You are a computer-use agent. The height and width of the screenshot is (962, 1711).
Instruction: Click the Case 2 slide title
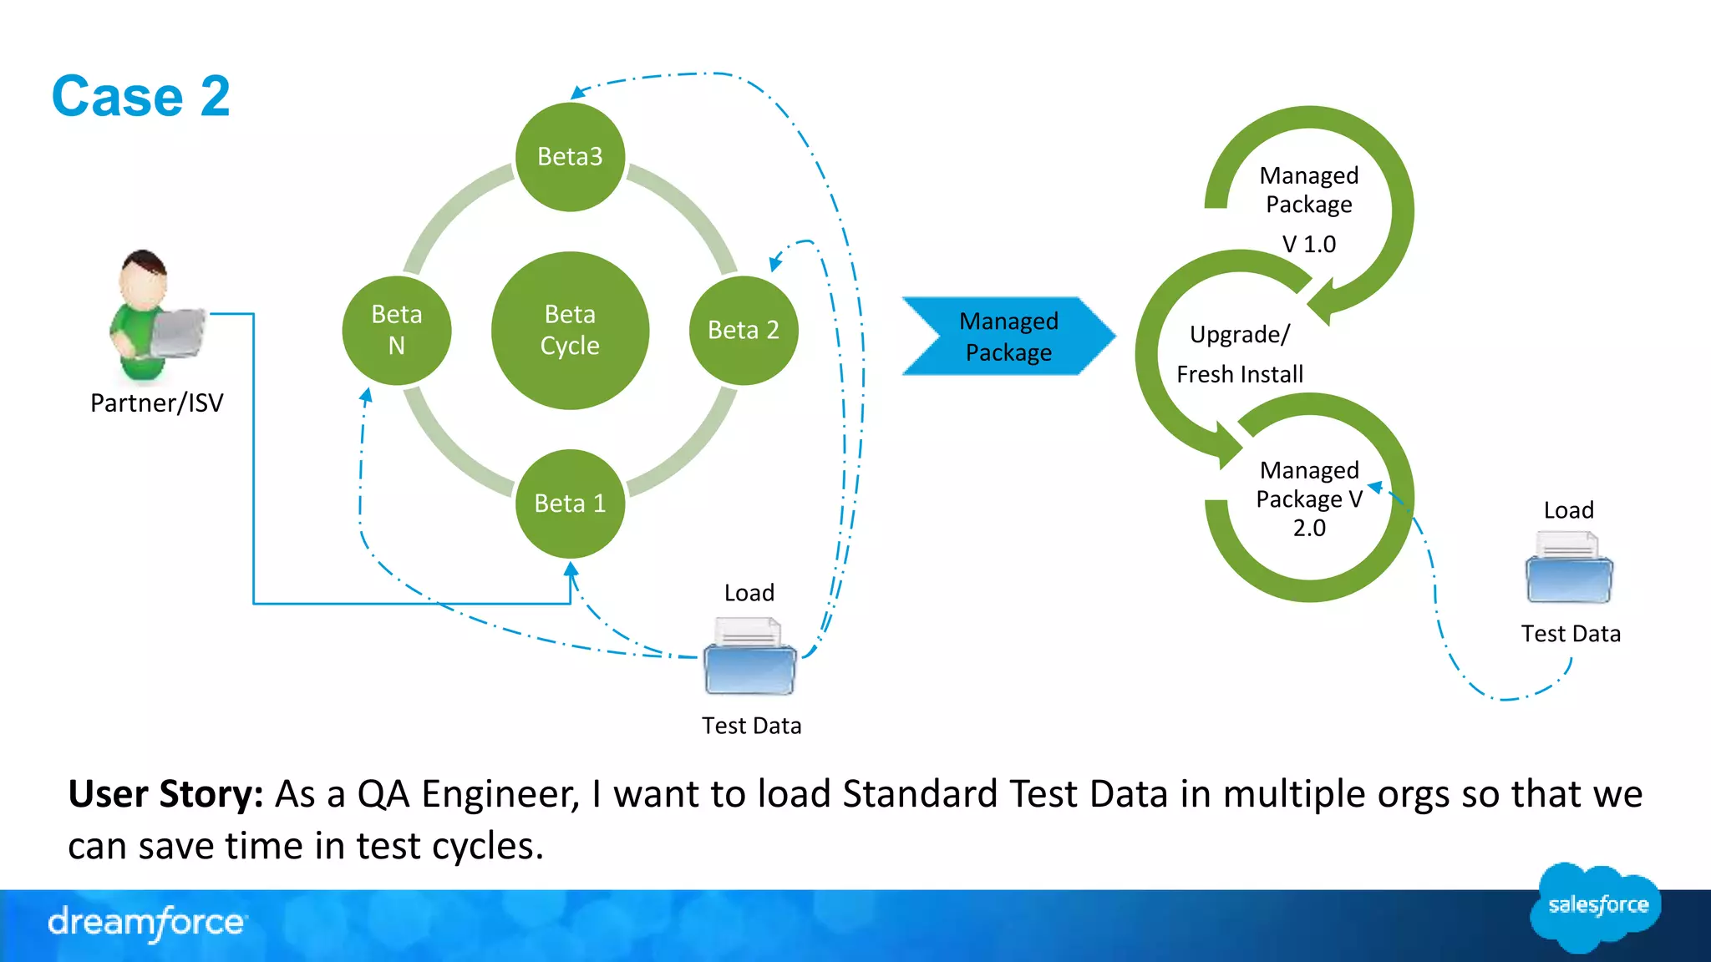140,96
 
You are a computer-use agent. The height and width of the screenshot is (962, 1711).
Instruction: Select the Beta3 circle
570,156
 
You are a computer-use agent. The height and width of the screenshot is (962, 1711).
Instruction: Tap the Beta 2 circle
743,330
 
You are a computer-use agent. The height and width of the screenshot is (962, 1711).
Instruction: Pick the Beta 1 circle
570,503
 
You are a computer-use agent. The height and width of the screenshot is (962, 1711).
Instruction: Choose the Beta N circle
397,330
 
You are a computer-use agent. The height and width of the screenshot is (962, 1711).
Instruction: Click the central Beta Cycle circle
570,330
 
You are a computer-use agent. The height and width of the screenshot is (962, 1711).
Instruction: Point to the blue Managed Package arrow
1008,337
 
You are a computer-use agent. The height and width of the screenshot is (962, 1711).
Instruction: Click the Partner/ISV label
157,403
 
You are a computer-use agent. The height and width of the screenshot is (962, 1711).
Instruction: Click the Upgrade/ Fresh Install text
1240,354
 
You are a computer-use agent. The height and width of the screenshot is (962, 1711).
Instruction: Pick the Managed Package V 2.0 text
1308,499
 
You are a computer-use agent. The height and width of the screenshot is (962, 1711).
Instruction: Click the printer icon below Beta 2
750,656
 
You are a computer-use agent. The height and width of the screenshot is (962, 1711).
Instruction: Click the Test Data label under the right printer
1570,634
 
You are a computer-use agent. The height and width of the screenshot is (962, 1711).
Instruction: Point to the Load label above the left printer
749,593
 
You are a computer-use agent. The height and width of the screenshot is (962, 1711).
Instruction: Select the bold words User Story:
165,793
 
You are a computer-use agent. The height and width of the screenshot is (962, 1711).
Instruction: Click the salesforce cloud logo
1596,906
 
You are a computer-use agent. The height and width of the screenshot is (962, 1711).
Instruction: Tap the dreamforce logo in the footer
147,923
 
